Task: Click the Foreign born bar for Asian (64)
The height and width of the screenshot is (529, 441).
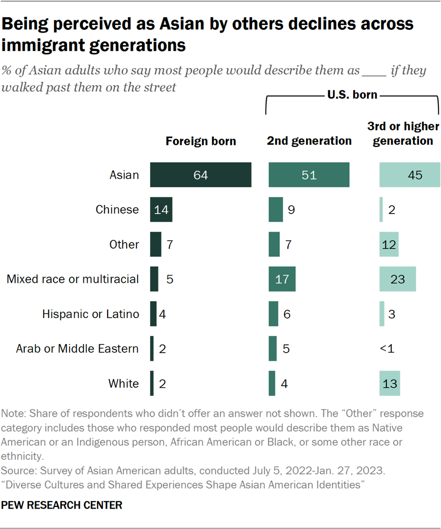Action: click(x=201, y=175)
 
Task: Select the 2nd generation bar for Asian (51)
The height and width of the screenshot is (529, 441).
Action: click(x=309, y=175)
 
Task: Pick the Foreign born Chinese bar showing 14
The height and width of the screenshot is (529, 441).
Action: click(x=161, y=209)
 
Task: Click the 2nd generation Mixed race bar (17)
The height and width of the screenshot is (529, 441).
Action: click(x=282, y=279)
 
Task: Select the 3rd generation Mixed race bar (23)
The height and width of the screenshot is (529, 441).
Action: click(x=397, y=279)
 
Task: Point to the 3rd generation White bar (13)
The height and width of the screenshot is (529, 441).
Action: click(x=389, y=383)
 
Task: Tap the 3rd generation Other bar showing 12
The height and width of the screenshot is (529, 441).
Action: click(x=388, y=244)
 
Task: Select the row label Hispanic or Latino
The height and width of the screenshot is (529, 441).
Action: click(x=90, y=314)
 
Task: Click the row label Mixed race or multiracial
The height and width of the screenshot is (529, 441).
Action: click(x=72, y=279)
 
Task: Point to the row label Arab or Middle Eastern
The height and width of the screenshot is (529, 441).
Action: click(x=77, y=348)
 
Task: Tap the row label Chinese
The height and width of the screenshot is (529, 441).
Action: click(x=117, y=209)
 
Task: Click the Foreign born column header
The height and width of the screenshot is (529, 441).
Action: click(x=201, y=141)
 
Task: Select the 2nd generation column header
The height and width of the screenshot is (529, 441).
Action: click(x=309, y=141)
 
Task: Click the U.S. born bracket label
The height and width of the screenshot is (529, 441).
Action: click(x=352, y=96)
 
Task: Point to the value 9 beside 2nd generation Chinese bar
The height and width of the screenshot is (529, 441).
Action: click(x=290, y=209)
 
